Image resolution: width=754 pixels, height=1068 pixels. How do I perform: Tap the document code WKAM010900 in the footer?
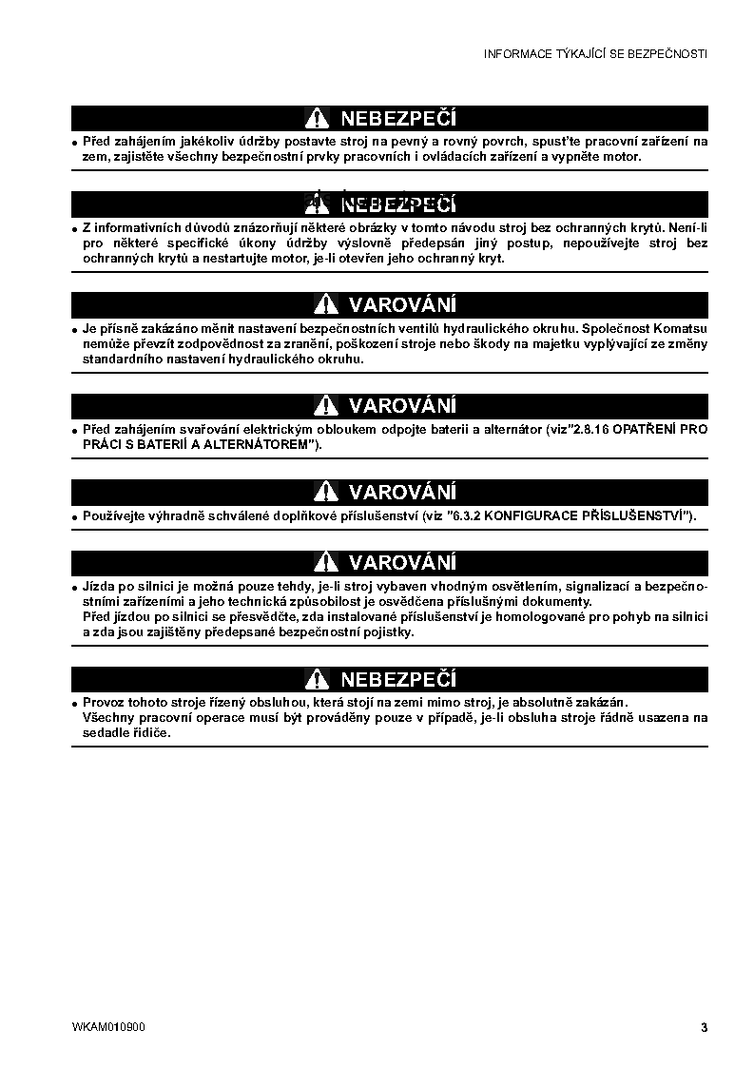click(x=108, y=1027)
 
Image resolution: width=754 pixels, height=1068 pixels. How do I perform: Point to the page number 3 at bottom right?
click(x=704, y=1027)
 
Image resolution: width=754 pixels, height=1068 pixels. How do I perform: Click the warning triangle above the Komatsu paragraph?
click(x=324, y=304)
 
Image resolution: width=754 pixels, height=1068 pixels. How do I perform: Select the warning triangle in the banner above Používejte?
click(x=324, y=492)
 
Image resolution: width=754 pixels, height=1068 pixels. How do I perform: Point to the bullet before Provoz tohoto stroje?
click(x=75, y=703)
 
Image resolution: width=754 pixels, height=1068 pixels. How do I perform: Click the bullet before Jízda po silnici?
click(x=75, y=587)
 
